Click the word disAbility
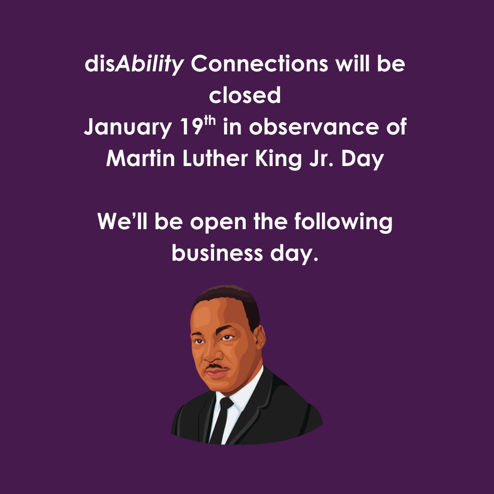(x=134, y=64)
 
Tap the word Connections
(x=259, y=64)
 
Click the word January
(x=127, y=128)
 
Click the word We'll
(x=122, y=222)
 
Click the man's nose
(x=209, y=353)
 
